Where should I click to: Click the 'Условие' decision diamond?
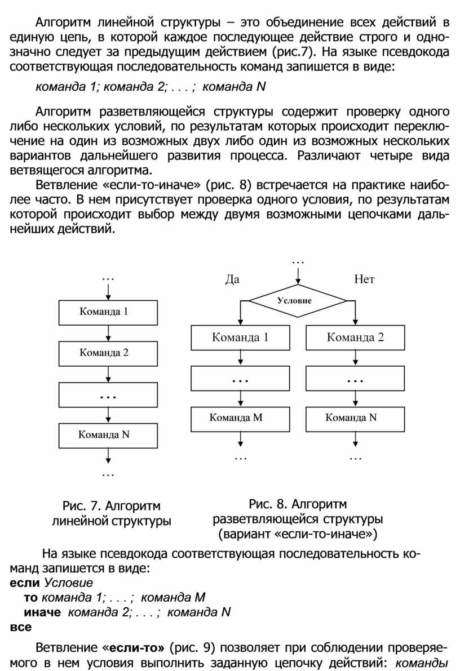[x=297, y=301]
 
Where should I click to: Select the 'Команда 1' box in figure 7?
[x=108, y=312]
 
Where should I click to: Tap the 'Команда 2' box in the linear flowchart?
[x=108, y=353]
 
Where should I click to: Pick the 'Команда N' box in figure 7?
[x=108, y=434]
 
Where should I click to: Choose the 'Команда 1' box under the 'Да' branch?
[x=241, y=338]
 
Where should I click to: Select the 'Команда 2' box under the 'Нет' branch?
[x=355, y=338]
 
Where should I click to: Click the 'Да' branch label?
[x=232, y=279]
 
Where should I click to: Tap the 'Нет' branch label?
[x=364, y=279]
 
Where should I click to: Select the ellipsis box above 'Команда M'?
[x=241, y=379]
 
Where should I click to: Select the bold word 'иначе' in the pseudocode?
[x=43, y=612]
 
